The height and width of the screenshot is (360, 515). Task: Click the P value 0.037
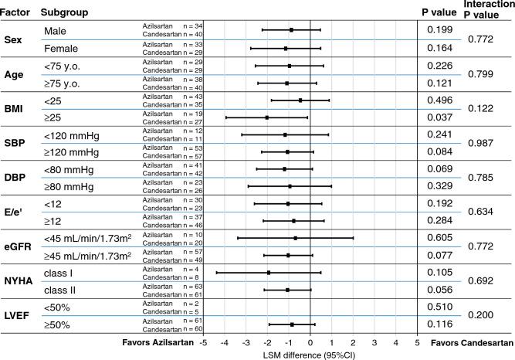click(x=440, y=117)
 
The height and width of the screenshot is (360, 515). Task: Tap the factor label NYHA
click(x=18, y=280)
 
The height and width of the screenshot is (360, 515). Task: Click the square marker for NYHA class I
click(x=268, y=273)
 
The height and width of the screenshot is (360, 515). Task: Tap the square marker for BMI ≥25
click(x=266, y=117)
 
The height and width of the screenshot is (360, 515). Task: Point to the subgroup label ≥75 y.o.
click(x=69, y=83)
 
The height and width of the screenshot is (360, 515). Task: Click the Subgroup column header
click(x=66, y=12)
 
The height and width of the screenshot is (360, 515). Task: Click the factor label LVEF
click(x=18, y=315)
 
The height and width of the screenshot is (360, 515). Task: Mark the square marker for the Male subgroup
click(x=291, y=30)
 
